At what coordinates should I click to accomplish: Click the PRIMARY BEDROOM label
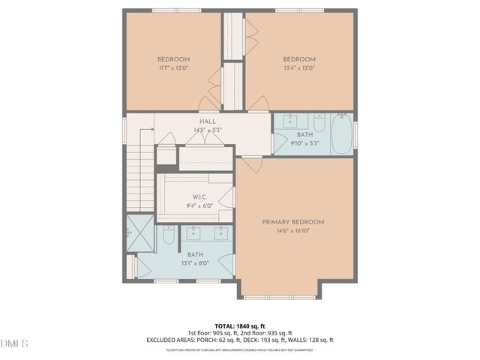pyautogui.click(x=292, y=222)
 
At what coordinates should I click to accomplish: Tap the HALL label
pyautogui.click(x=208, y=121)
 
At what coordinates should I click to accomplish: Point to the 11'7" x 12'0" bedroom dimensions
pyautogui.click(x=173, y=68)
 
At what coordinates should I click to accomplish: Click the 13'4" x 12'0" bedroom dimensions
pyautogui.click(x=298, y=68)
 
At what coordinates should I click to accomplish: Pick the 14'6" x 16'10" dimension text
pyautogui.click(x=292, y=231)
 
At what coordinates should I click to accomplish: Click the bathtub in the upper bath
pyautogui.click(x=342, y=133)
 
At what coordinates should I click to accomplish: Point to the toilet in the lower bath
pyautogui.click(x=169, y=237)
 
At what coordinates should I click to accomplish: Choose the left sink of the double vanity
pyautogui.click(x=193, y=232)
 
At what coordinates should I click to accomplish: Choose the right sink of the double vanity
pyautogui.click(x=221, y=232)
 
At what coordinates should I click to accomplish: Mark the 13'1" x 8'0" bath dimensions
pyautogui.click(x=194, y=263)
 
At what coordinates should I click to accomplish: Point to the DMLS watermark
pyautogui.click(x=14, y=343)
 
